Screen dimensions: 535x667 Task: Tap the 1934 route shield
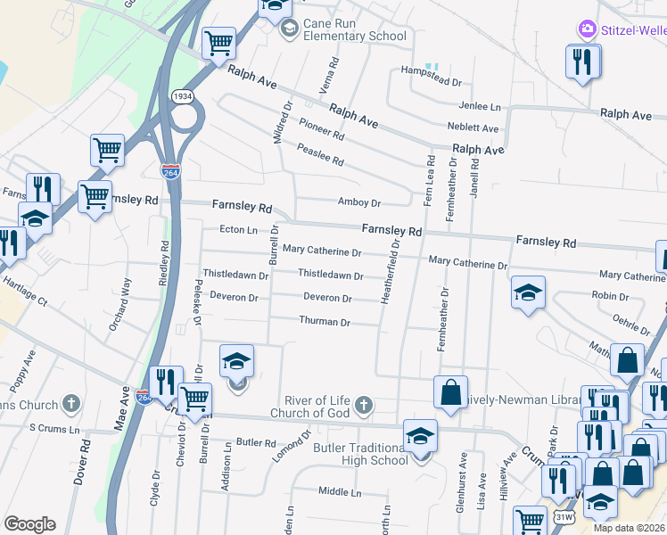click(x=183, y=96)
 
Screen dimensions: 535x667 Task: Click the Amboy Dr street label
click(x=359, y=202)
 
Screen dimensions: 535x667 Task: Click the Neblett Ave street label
click(x=473, y=128)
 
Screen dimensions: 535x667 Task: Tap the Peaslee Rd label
click(x=321, y=157)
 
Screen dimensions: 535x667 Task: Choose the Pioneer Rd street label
click(x=321, y=131)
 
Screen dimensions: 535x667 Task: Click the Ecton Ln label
click(x=238, y=230)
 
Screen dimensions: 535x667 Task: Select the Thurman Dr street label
click(x=325, y=321)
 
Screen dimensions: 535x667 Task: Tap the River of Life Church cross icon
click(x=362, y=406)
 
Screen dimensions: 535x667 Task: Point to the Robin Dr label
click(x=610, y=296)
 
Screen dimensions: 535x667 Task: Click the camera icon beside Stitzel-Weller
click(x=587, y=30)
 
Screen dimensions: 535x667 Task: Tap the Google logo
click(x=29, y=523)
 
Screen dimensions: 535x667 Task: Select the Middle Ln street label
click(x=340, y=491)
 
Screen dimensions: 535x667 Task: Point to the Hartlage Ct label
click(x=25, y=291)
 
